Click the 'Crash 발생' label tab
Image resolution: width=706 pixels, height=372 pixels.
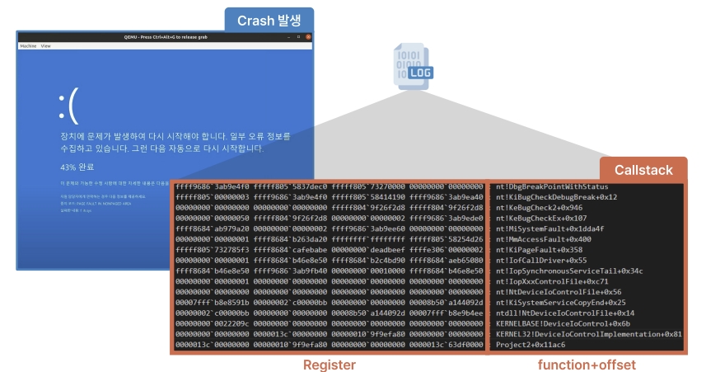[269, 20]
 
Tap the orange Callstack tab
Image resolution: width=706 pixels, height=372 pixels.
[643, 170]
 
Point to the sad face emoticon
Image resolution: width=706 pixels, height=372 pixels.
[68, 105]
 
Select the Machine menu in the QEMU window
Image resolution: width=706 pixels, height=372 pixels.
[28, 46]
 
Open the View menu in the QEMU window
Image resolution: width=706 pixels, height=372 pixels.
[45, 46]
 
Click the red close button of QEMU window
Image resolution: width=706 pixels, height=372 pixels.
[308, 37]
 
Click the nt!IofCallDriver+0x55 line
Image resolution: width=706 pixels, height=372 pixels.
[540, 261]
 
